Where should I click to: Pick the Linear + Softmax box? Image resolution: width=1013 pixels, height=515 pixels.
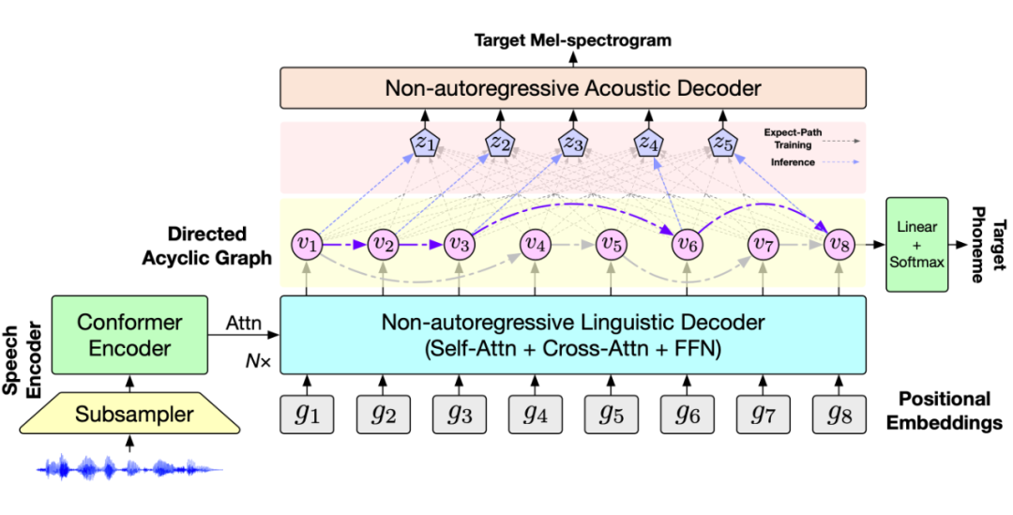916,244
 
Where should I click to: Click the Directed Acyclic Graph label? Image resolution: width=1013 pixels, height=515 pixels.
217,244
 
